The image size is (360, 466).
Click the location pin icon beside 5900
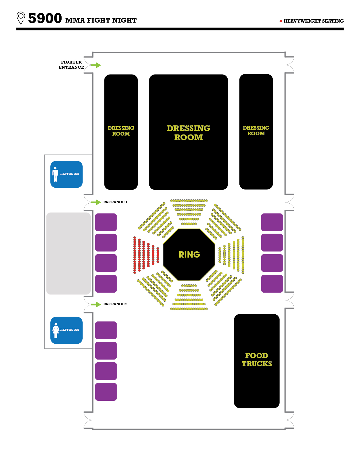coord(21,18)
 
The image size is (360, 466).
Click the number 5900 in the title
coord(45,18)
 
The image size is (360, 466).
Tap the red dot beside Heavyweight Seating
coord(281,21)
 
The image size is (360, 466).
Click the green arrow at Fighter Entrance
coord(96,65)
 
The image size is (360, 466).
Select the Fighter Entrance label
coord(71,65)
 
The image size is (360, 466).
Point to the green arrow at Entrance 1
coord(96,202)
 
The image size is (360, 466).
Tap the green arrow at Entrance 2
coord(96,304)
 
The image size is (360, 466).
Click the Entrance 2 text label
coord(115,304)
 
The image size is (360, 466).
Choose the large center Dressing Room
coord(188,132)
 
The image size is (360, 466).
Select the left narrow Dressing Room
coord(121,132)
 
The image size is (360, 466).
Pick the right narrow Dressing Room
coord(256,131)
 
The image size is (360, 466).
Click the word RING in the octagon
coord(189,255)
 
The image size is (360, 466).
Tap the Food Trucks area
coord(257,361)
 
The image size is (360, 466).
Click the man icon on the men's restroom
coord(55,174)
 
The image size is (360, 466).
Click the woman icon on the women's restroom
coord(56,330)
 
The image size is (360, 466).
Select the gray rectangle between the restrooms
coord(68,253)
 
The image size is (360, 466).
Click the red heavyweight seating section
coord(145,255)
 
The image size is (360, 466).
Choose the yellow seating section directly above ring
coord(189,212)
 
